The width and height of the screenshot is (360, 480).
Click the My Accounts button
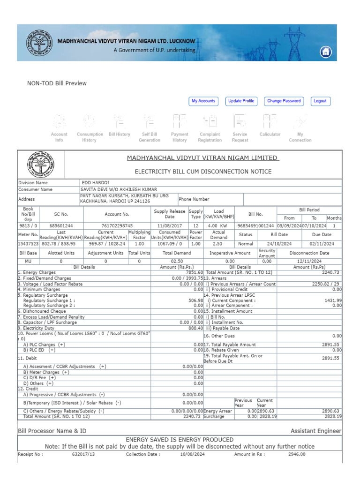pos(203,101)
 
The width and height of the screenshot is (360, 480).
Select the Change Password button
pos(284,101)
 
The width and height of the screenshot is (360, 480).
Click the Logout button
pos(320,101)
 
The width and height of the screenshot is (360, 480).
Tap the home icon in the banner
pos(326,52)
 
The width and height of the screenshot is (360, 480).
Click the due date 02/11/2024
pos(322,244)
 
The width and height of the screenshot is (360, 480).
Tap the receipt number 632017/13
pos(83,454)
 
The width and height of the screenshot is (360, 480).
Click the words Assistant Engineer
pos(316,431)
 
